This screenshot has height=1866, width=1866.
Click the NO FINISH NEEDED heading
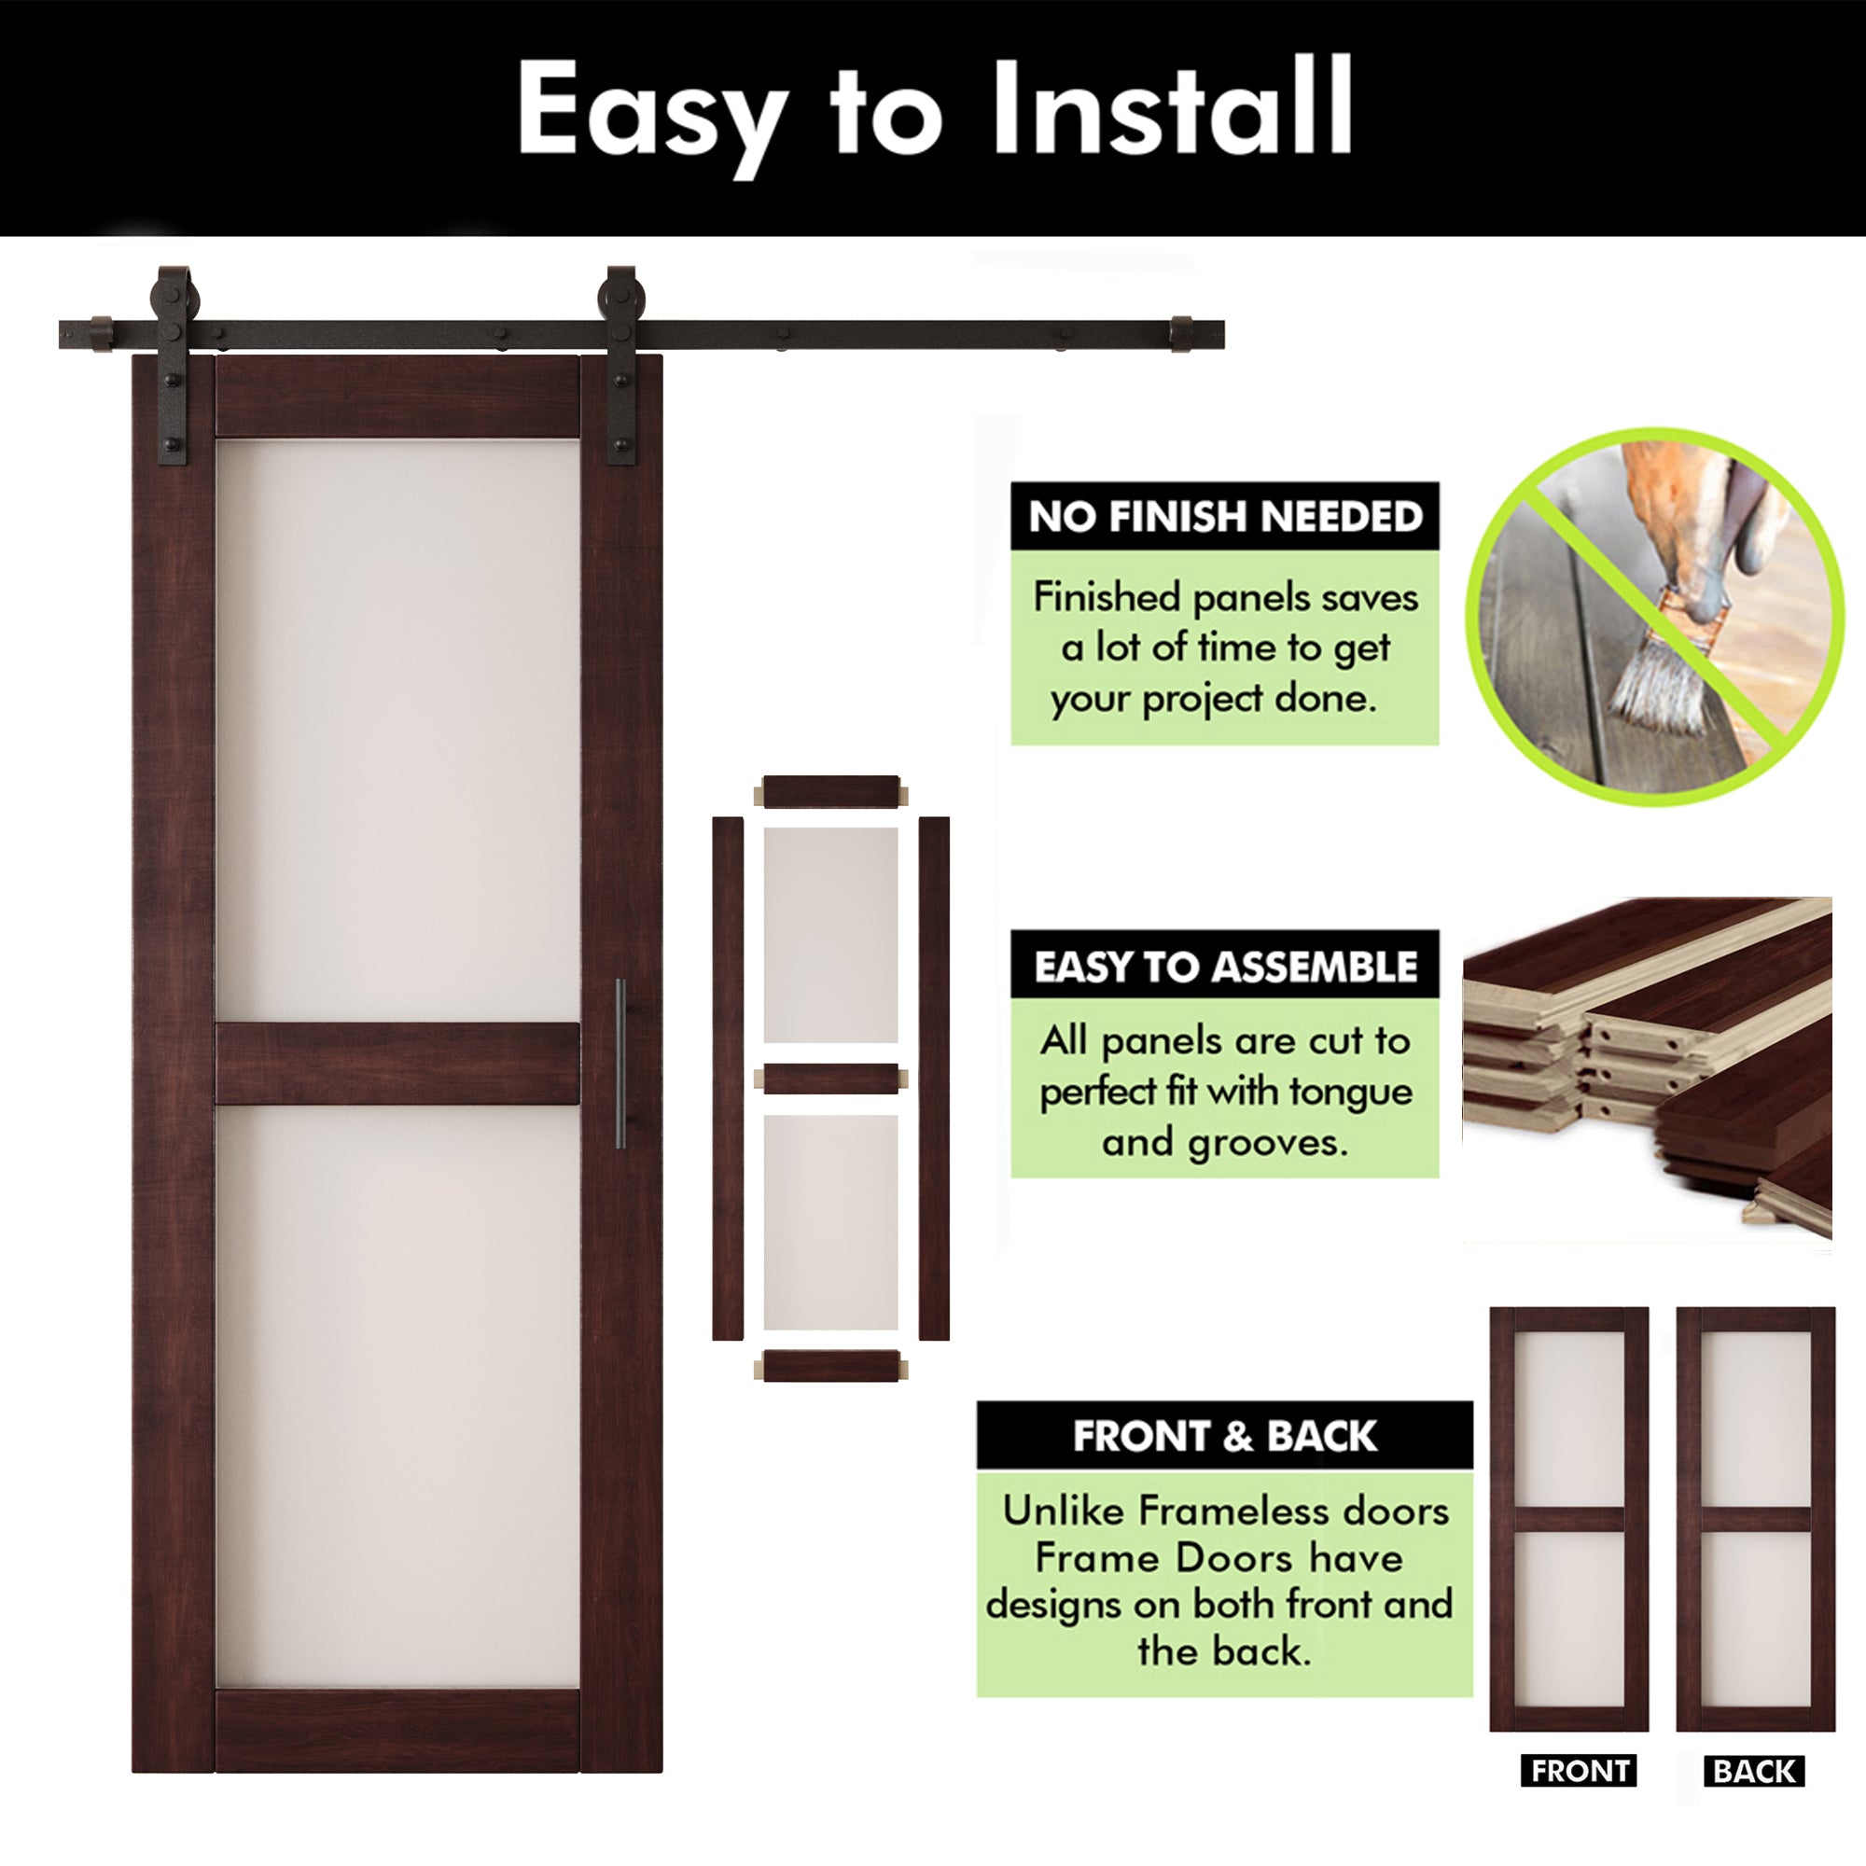click(x=1225, y=517)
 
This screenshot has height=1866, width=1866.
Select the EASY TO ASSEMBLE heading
click(x=1225, y=967)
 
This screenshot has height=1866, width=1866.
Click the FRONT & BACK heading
click(x=1225, y=1436)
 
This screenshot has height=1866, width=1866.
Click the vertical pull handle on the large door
click(x=620, y=1064)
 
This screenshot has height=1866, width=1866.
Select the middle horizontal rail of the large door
click(x=397, y=1064)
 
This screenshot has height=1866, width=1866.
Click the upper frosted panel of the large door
click(x=397, y=730)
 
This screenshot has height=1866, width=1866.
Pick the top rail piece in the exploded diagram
click(x=830, y=791)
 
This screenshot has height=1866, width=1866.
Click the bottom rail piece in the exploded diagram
click(x=830, y=1366)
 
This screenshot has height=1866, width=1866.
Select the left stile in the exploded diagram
click(x=728, y=1078)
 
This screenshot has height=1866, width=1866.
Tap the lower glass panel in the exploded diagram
click(x=830, y=1222)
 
